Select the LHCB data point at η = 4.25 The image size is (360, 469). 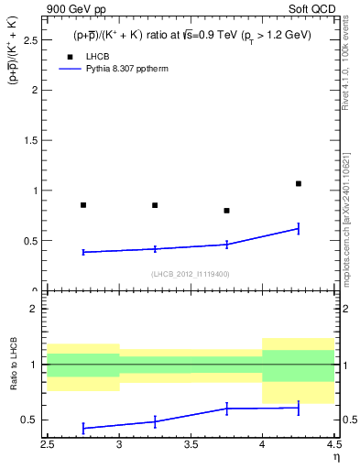pos(299,183)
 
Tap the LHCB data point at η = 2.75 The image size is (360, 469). pos(83,205)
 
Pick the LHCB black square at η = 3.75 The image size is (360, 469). pos(226,211)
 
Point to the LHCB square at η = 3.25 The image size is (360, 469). pos(155,205)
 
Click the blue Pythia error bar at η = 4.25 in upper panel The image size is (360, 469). pos(299,228)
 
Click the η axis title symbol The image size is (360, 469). pos(336,458)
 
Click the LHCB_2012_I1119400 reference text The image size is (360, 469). pos(191,274)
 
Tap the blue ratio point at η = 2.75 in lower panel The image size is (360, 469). pos(83,428)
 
